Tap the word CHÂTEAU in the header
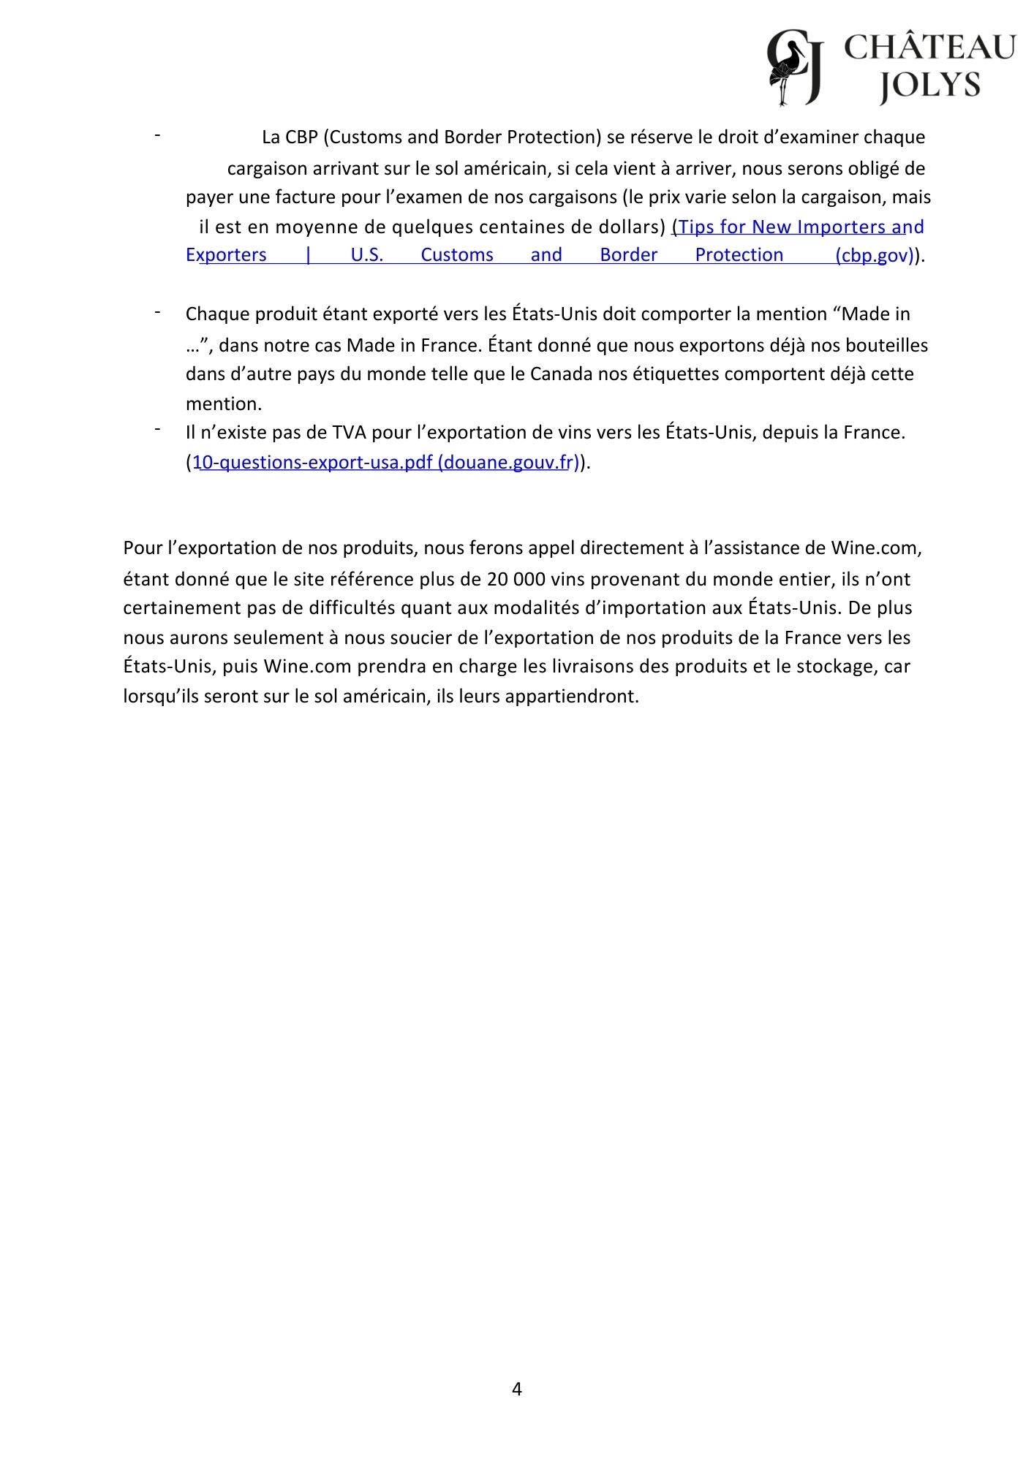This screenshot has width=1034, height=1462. [x=929, y=48]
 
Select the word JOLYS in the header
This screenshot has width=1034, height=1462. [x=929, y=86]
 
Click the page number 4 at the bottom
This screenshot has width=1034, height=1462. [x=517, y=1389]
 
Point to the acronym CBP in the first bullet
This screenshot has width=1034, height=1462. [x=301, y=137]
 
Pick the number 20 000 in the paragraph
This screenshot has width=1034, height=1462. [x=515, y=580]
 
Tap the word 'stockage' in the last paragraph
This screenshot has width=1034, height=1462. [x=837, y=667]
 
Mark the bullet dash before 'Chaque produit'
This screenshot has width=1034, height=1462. [x=157, y=311]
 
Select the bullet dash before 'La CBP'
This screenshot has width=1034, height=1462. [x=157, y=135]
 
